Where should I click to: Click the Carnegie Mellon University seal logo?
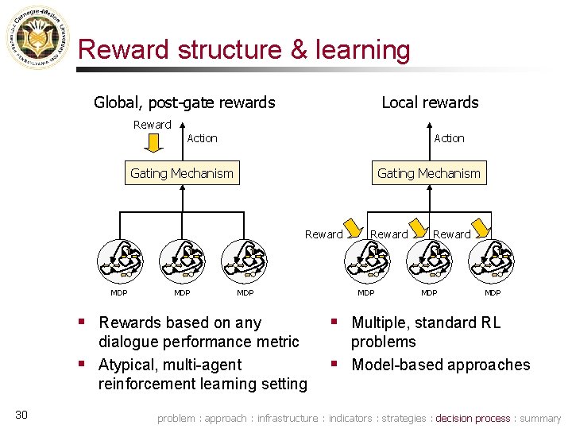coord(37,37)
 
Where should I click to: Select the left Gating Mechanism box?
coord(182,173)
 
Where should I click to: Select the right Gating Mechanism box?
coord(429,173)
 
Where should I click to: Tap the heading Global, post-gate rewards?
coord(184,102)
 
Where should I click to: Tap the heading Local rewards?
coord(430,102)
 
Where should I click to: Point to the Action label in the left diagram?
coord(202,138)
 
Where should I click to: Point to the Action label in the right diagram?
coord(449,138)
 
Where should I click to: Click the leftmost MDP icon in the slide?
coord(119,257)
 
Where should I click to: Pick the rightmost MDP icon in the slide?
coord(492,257)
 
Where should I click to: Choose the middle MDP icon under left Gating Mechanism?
coord(182,257)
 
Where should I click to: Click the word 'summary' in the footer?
coord(540,418)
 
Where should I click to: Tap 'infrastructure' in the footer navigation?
coord(287,418)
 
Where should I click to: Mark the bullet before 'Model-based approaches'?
coord(336,364)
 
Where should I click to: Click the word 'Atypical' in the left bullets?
coord(129,365)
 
